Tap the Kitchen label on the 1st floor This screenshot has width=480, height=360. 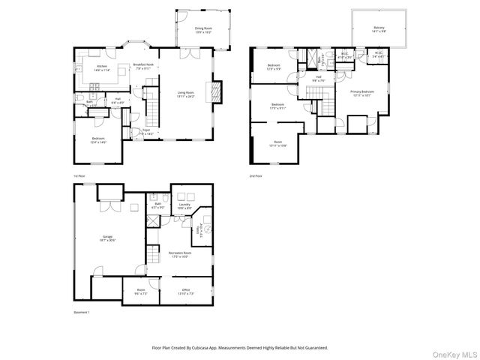click(102, 67)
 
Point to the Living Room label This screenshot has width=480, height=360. click(186, 94)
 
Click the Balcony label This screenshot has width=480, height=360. click(378, 29)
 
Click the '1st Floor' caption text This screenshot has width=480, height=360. click(79, 176)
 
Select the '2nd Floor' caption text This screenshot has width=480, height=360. click(256, 176)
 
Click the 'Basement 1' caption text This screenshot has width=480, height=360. click(82, 312)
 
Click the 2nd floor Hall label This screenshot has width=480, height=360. click(318, 78)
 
